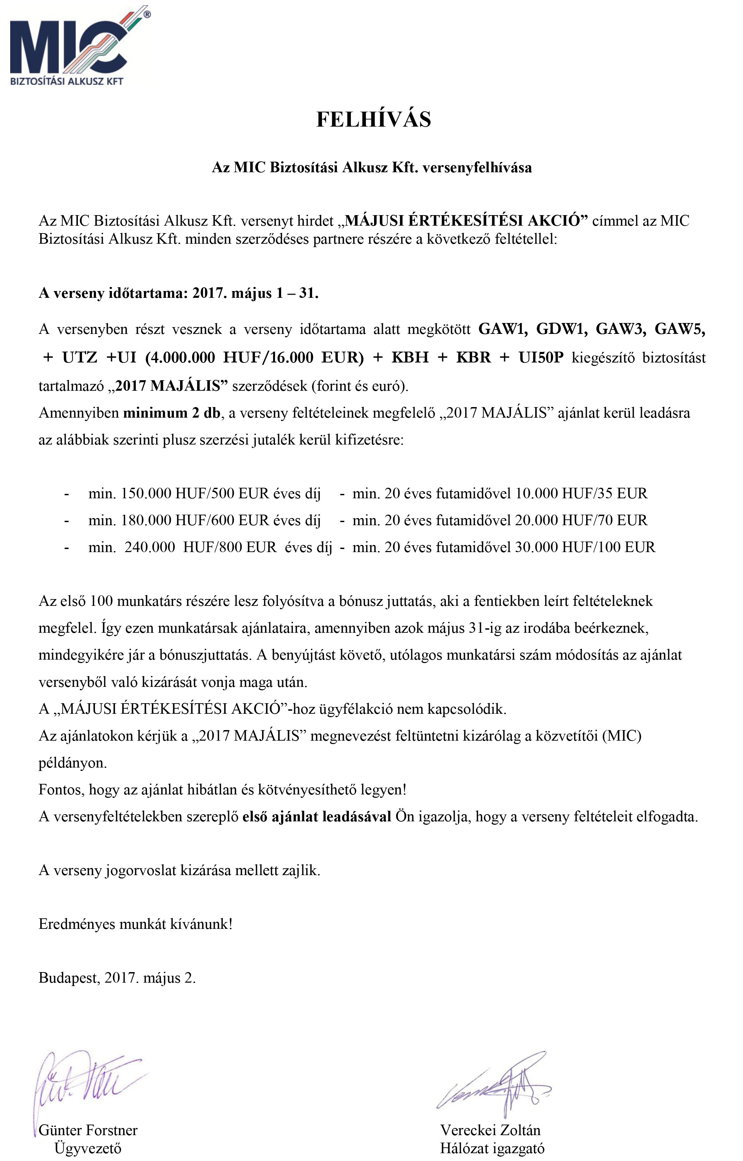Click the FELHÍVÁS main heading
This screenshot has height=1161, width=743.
(373, 119)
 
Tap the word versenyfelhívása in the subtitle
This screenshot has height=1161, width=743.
(477, 167)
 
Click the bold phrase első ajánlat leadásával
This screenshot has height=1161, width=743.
(317, 817)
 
